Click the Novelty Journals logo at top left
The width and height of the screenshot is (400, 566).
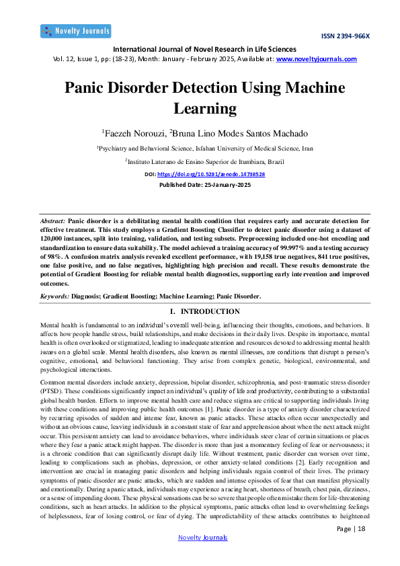click(75, 31)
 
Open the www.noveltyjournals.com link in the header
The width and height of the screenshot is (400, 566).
click(317, 59)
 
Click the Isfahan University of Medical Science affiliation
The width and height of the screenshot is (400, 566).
click(205, 148)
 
